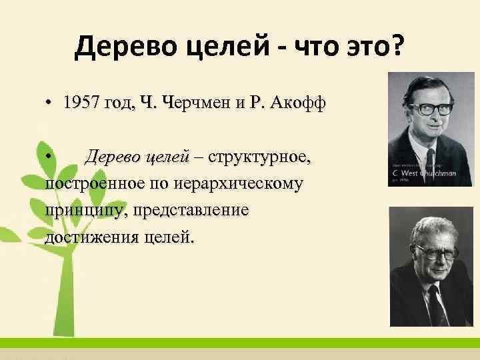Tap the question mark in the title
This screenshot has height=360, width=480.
click(397, 47)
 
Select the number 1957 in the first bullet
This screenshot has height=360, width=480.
click(83, 103)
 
